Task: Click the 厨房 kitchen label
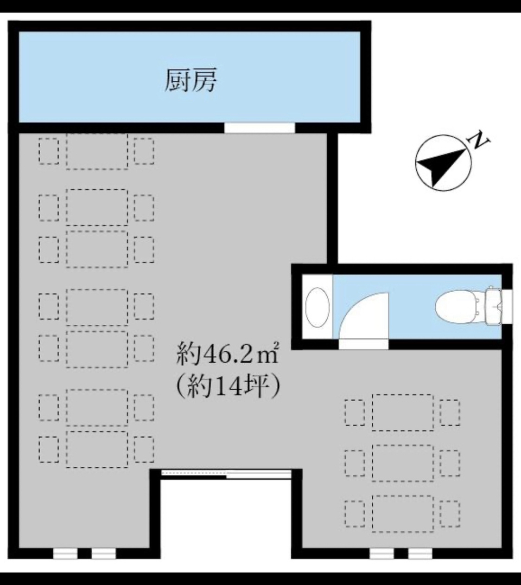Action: point(190,80)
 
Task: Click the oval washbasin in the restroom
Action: point(317,307)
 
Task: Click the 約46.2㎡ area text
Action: point(228,353)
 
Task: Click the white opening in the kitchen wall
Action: point(259,127)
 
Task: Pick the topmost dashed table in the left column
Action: point(97,151)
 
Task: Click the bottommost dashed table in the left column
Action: point(97,449)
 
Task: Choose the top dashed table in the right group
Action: point(403,412)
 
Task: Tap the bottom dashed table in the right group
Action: point(403,513)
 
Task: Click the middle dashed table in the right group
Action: point(403,462)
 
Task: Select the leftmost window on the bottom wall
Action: point(65,554)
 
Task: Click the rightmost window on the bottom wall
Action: point(420,554)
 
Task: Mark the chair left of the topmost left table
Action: point(48,151)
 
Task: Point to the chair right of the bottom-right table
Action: point(450,513)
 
